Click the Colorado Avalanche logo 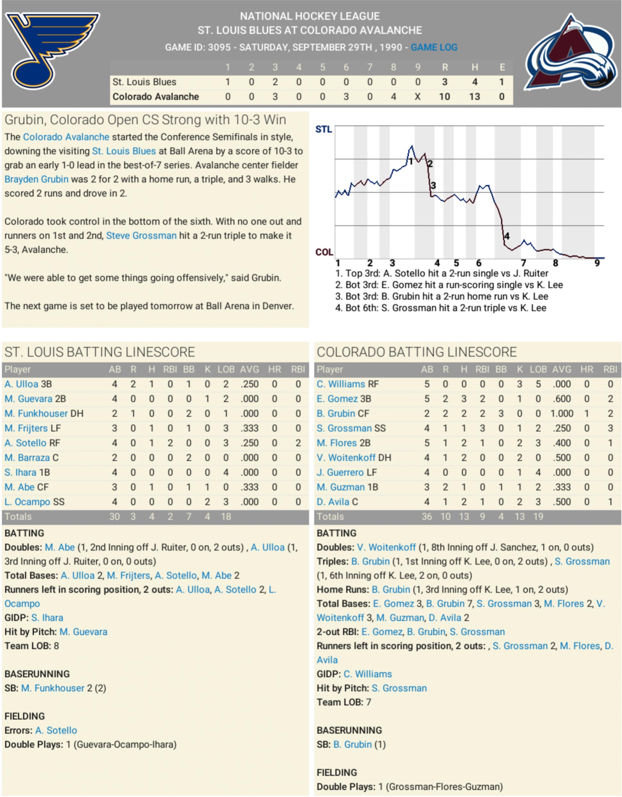click(x=573, y=53)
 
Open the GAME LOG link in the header click(x=434, y=47)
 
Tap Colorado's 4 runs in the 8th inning click(x=393, y=97)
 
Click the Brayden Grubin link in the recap click(x=36, y=179)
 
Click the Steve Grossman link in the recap click(x=141, y=236)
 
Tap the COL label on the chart click(x=324, y=252)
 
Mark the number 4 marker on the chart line click(x=507, y=236)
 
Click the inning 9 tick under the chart click(x=597, y=263)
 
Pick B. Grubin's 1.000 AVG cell click(x=562, y=413)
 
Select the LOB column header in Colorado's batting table click(x=538, y=369)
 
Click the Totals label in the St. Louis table click(x=18, y=516)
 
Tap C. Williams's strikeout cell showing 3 click(x=520, y=384)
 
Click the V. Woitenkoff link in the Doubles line click(x=386, y=547)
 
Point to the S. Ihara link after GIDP click(x=47, y=617)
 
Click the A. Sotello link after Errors click(x=56, y=730)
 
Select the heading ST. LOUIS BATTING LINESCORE click(x=100, y=352)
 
